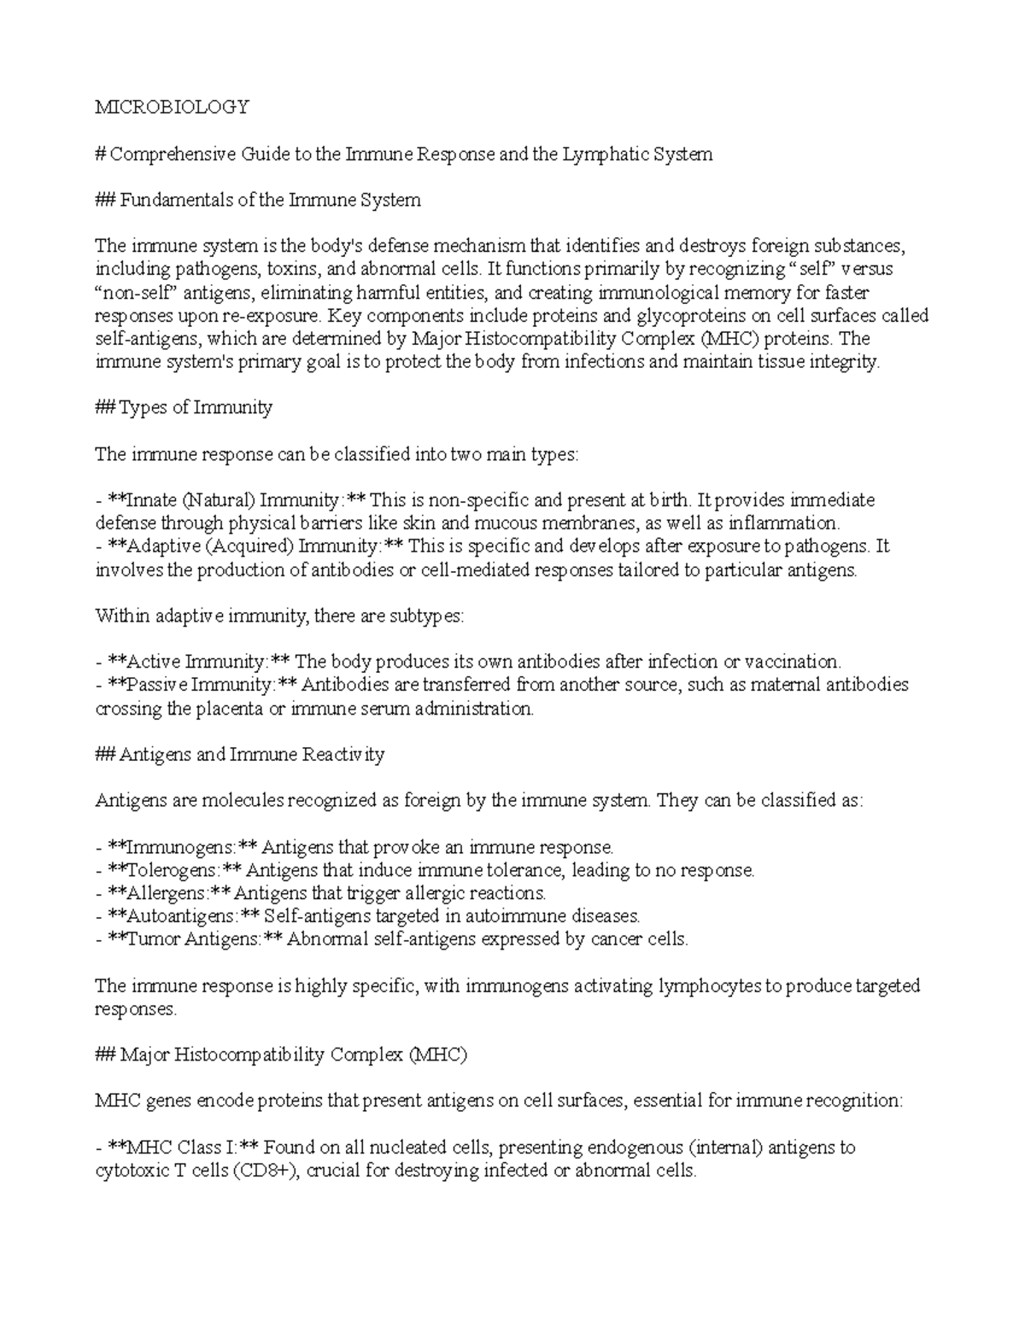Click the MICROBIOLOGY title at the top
(x=172, y=107)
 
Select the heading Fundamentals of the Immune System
(x=270, y=200)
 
